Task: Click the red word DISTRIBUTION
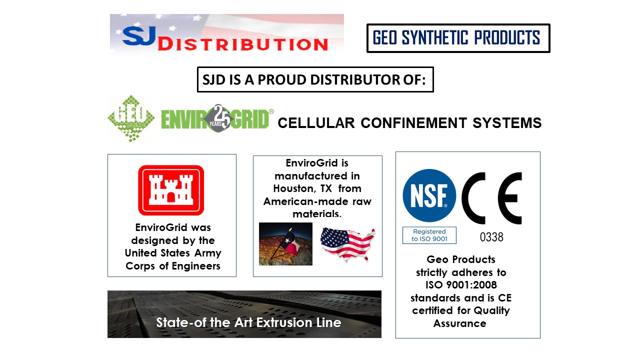click(243, 45)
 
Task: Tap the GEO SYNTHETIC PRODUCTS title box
click(458, 38)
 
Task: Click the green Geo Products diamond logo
click(131, 118)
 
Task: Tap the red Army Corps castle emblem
click(171, 190)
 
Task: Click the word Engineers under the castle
click(196, 266)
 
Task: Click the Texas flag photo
click(285, 244)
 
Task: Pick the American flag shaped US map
click(347, 244)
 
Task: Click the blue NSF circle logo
click(429, 195)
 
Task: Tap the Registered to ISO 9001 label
click(429, 235)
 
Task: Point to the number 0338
click(491, 237)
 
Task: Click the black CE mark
click(491, 198)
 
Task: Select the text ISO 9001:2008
click(461, 285)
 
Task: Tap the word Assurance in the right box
click(459, 323)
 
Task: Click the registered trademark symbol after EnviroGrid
click(271, 111)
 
